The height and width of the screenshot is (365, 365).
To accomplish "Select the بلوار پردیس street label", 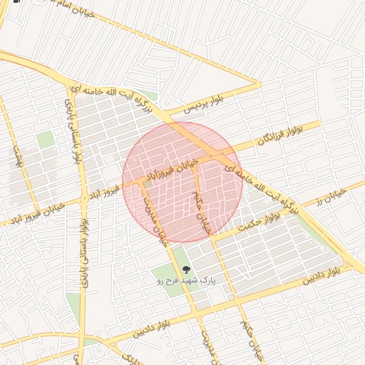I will (x=205, y=105).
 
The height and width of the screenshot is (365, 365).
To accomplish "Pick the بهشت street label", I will (x=18, y=158).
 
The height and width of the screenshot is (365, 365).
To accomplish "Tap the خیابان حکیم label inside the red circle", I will (x=203, y=209).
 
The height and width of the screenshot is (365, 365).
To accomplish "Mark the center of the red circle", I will (x=183, y=181).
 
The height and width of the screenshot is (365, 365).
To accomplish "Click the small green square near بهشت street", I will (x=45, y=139).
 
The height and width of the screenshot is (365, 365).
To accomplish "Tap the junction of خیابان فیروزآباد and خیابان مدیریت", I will (x=142, y=181).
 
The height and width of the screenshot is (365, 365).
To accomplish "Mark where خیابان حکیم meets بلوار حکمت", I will (x=212, y=237).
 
